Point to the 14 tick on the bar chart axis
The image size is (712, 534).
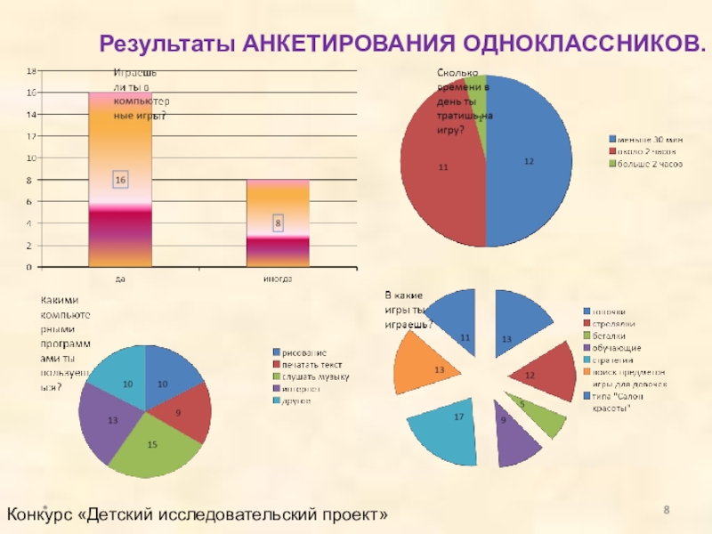pyautogui.click(x=30, y=114)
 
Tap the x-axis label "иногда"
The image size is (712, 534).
pyautogui.click(x=278, y=279)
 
